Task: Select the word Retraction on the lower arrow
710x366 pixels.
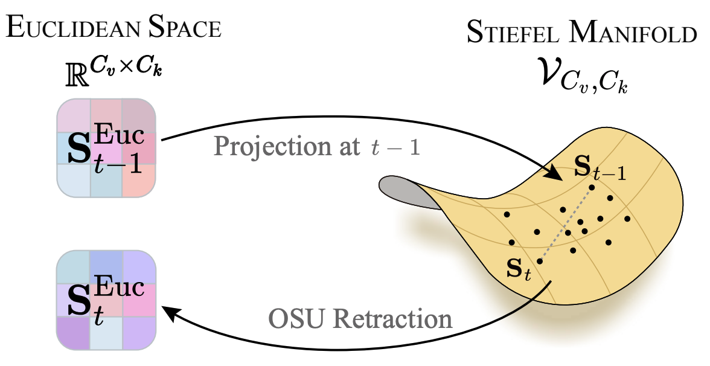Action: [395, 318]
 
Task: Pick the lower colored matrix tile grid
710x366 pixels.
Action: [107, 300]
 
